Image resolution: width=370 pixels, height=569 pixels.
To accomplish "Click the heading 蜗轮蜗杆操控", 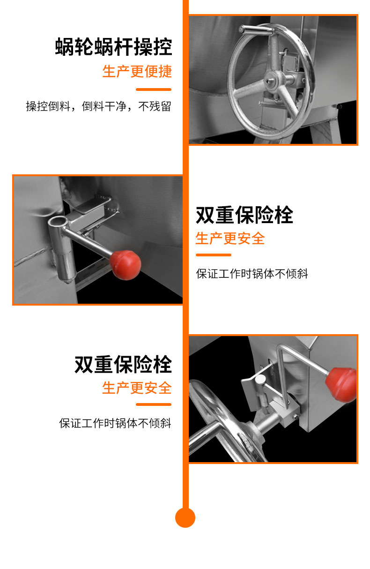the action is tap(113, 47).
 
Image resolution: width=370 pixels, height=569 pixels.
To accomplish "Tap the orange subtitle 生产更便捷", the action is tap(137, 71).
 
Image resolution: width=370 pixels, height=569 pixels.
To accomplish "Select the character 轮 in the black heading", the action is tap(84, 47).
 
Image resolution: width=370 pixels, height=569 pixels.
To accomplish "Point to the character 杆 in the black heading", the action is tap(123, 47).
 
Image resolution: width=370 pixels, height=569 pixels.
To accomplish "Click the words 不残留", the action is tap(155, 106).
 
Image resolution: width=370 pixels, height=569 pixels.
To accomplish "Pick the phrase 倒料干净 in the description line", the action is tap(104, 106).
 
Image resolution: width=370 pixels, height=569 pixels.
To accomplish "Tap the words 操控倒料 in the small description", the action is tap(48, 106).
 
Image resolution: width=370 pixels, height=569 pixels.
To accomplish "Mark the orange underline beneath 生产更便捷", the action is tap(154, 90).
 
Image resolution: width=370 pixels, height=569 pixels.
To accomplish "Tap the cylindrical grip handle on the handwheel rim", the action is tap(256, 29).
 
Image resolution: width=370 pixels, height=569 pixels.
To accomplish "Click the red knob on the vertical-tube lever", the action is tap(126, 265).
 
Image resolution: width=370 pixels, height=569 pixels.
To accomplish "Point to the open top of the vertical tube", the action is tap(59, 221).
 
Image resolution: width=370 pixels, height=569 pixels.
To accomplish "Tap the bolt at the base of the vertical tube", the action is tap(67, 281).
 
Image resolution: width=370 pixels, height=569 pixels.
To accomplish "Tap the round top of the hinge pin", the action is tap(260, 380).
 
